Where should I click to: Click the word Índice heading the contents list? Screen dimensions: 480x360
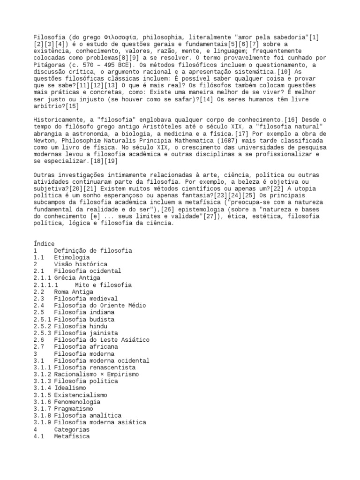(x=44, y=244)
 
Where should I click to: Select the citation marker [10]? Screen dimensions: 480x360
(x=283, y=71)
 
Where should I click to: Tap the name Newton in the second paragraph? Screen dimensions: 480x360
(x=44, y=140)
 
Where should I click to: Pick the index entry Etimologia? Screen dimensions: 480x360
(x=72, y=257)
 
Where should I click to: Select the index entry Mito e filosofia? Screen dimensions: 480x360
(x=103, y=285)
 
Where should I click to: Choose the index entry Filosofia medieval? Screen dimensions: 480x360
(x=85, y=299)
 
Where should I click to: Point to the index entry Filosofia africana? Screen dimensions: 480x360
(x=85, y=347)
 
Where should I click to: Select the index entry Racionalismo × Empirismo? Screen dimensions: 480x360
(x=96, y=374)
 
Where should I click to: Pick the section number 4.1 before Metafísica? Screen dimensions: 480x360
(x=39, y=436)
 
